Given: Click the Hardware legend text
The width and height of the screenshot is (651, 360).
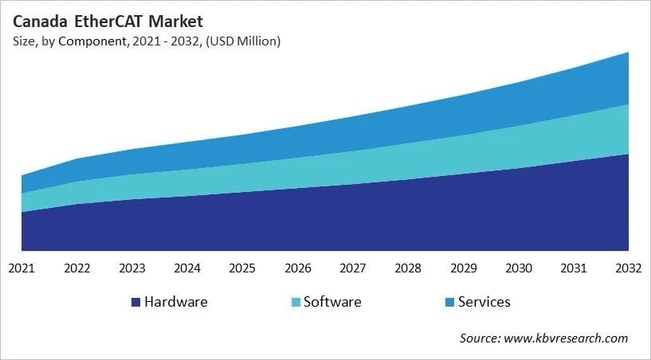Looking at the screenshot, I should pyautogui.click(x=175, y=302).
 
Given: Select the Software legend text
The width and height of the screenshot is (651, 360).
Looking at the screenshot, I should pyautogui.click(x=332, y=302).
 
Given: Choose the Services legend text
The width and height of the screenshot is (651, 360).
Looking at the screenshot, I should pyautogui.click(x=484, y=302).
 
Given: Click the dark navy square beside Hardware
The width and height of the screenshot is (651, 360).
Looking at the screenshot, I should pyautogui.click(x=135, y=303).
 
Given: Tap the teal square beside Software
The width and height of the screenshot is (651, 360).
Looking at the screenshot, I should pyautogui.click(x=296, y=303).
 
